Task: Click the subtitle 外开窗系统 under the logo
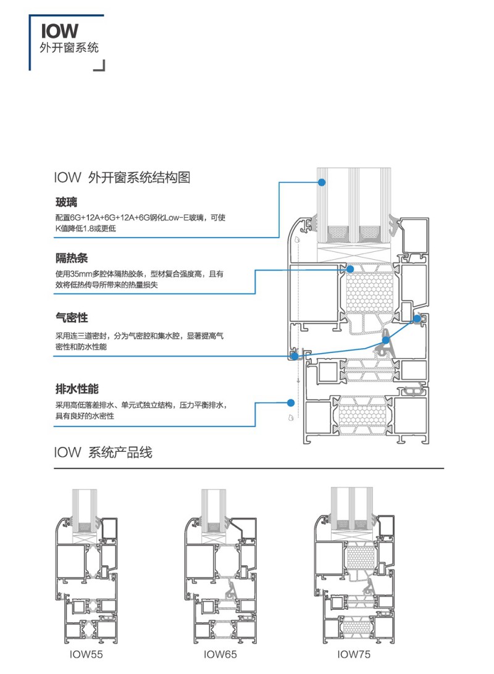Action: (x=69, y=49)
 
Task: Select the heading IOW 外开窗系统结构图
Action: (x=122, y=178)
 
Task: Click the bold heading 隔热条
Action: (x=71, y=258)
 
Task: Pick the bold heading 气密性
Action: (x=71, y=318)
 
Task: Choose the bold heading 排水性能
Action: (x=77, y=389)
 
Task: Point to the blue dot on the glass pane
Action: (x=322, y=182)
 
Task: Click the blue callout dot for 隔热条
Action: (x=350, y=269)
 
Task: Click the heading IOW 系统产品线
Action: (x=103, y=452)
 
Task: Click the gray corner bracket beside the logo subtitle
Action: (x=99, y=65)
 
